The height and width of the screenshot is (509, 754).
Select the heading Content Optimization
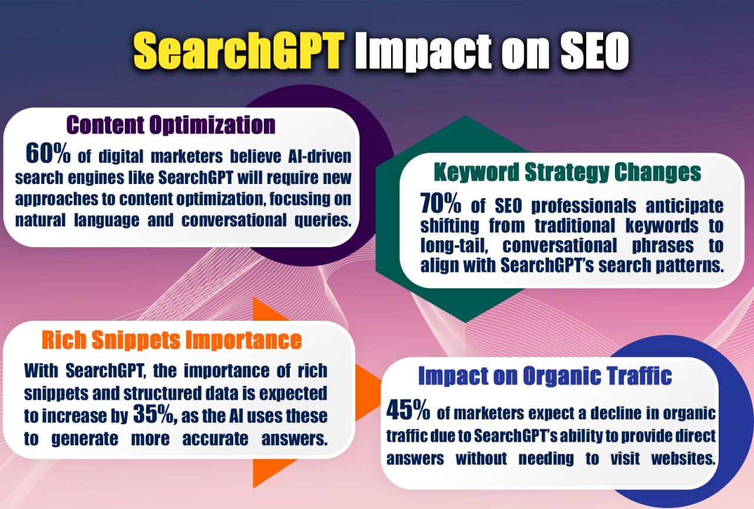pyautogui.click(x=171, y=125)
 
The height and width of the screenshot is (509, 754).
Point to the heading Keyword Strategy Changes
pyautogui.click(x=567, y=172)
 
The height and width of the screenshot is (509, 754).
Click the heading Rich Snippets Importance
pyautogui.click(x=172, y=340)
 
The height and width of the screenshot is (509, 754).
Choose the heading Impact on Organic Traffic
pyautogui.click(x=545, y=376)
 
